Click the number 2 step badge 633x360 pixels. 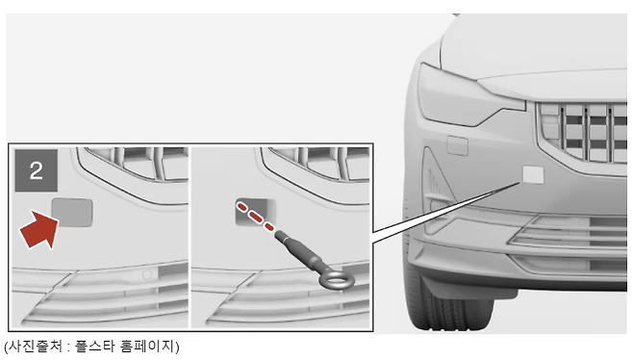point(37,170)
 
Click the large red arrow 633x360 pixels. point(39,229)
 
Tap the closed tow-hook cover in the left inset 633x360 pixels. point(72,212)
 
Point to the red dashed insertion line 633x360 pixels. point(255,217)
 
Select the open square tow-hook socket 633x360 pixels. point(256,212)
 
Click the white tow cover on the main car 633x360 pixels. point(533,174)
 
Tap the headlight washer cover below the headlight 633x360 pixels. point(457,146)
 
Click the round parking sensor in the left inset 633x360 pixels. point(147,274)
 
